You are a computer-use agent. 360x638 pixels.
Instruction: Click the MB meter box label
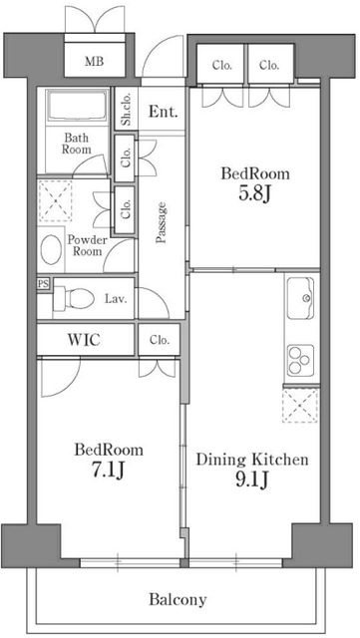[94, 62]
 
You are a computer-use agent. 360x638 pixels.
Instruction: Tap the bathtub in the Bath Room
[77, 106]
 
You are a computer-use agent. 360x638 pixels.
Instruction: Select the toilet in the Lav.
[74, 298]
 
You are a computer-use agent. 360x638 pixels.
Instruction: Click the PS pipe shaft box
[43, 283]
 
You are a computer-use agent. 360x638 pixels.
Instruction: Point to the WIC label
[85, 339]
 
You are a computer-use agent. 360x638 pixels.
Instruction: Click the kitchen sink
[300, 298]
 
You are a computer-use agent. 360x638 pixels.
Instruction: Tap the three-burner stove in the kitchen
[301, 361]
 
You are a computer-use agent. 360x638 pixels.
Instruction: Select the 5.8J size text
[255, 194]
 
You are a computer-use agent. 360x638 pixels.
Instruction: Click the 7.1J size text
[108, 471]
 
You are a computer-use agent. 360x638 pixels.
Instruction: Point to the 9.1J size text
[251, 480]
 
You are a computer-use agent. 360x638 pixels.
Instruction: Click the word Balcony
[178, 599]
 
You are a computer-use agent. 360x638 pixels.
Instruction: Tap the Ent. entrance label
[163, 112]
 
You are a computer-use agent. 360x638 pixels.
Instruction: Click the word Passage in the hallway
[162, 222]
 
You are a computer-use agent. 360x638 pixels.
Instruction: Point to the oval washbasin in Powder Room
[51, 249]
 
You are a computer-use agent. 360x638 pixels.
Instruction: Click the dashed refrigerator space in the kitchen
[300, 406]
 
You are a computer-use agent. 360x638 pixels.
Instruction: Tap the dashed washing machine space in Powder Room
[55, 201]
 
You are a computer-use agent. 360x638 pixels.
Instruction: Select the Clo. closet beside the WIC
[159, 339]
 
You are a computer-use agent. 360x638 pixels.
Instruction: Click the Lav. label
[116, 299]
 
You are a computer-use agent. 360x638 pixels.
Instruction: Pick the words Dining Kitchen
[252, 460]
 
